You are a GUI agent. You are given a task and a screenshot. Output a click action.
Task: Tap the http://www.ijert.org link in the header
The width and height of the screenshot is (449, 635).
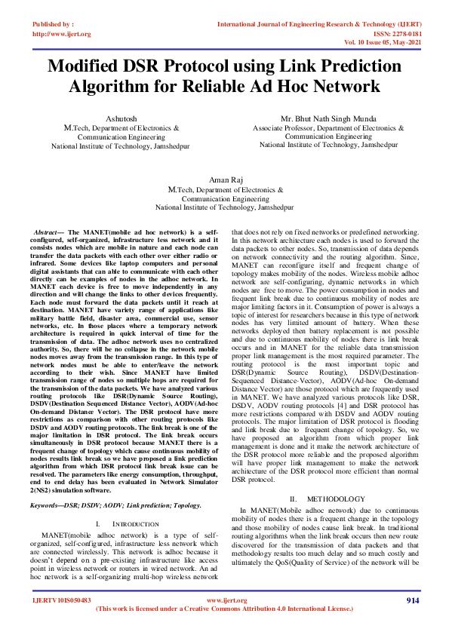pos(62,34)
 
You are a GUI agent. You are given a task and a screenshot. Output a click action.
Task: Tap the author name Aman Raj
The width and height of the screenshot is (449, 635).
pos(224,183)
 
